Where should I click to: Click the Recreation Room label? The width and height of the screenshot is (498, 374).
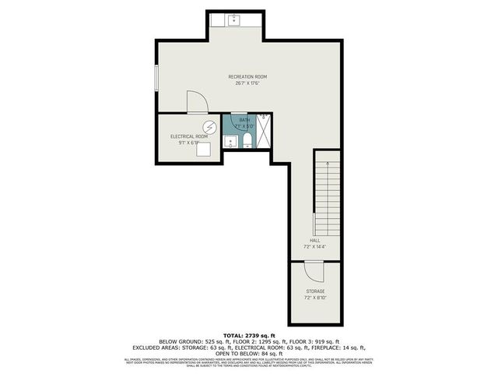point(247,76)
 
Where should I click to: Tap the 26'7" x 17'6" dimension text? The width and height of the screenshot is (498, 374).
point(247,83)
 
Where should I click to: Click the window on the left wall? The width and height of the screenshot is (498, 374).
point(156,78)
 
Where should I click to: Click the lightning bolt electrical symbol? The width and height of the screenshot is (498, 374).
point(209,127)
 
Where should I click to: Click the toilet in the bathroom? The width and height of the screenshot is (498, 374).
point(247,141)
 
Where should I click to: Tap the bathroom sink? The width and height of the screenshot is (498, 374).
point(230,142)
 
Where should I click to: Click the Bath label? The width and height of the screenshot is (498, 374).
point(246,119)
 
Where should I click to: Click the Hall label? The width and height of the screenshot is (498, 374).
point(315,241)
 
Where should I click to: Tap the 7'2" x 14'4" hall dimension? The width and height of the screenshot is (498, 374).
point(315,247)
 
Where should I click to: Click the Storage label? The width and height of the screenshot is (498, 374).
point(315,291)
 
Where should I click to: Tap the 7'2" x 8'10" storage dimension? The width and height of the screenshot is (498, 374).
point(315,298)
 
